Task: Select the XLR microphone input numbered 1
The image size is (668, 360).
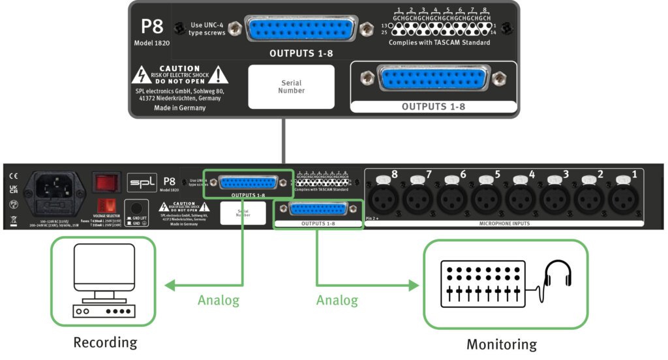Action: coord(623,197)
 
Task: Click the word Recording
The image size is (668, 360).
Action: coord(105,342)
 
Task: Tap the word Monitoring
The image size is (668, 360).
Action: coord(501,344)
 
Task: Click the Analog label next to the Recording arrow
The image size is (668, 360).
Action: coord(219,301)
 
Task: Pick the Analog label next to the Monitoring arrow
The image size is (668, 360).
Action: coord(337,301)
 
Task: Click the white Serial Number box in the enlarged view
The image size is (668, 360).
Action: coord(291,87)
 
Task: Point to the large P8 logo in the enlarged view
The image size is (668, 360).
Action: coord(152,27)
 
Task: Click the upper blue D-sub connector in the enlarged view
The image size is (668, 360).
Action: coord(301,30)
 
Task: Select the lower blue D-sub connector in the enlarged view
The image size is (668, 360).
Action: coord(433,79)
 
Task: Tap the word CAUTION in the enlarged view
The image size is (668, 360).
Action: coord(179,68)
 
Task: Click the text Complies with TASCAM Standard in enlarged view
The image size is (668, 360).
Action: coord(439,43)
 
